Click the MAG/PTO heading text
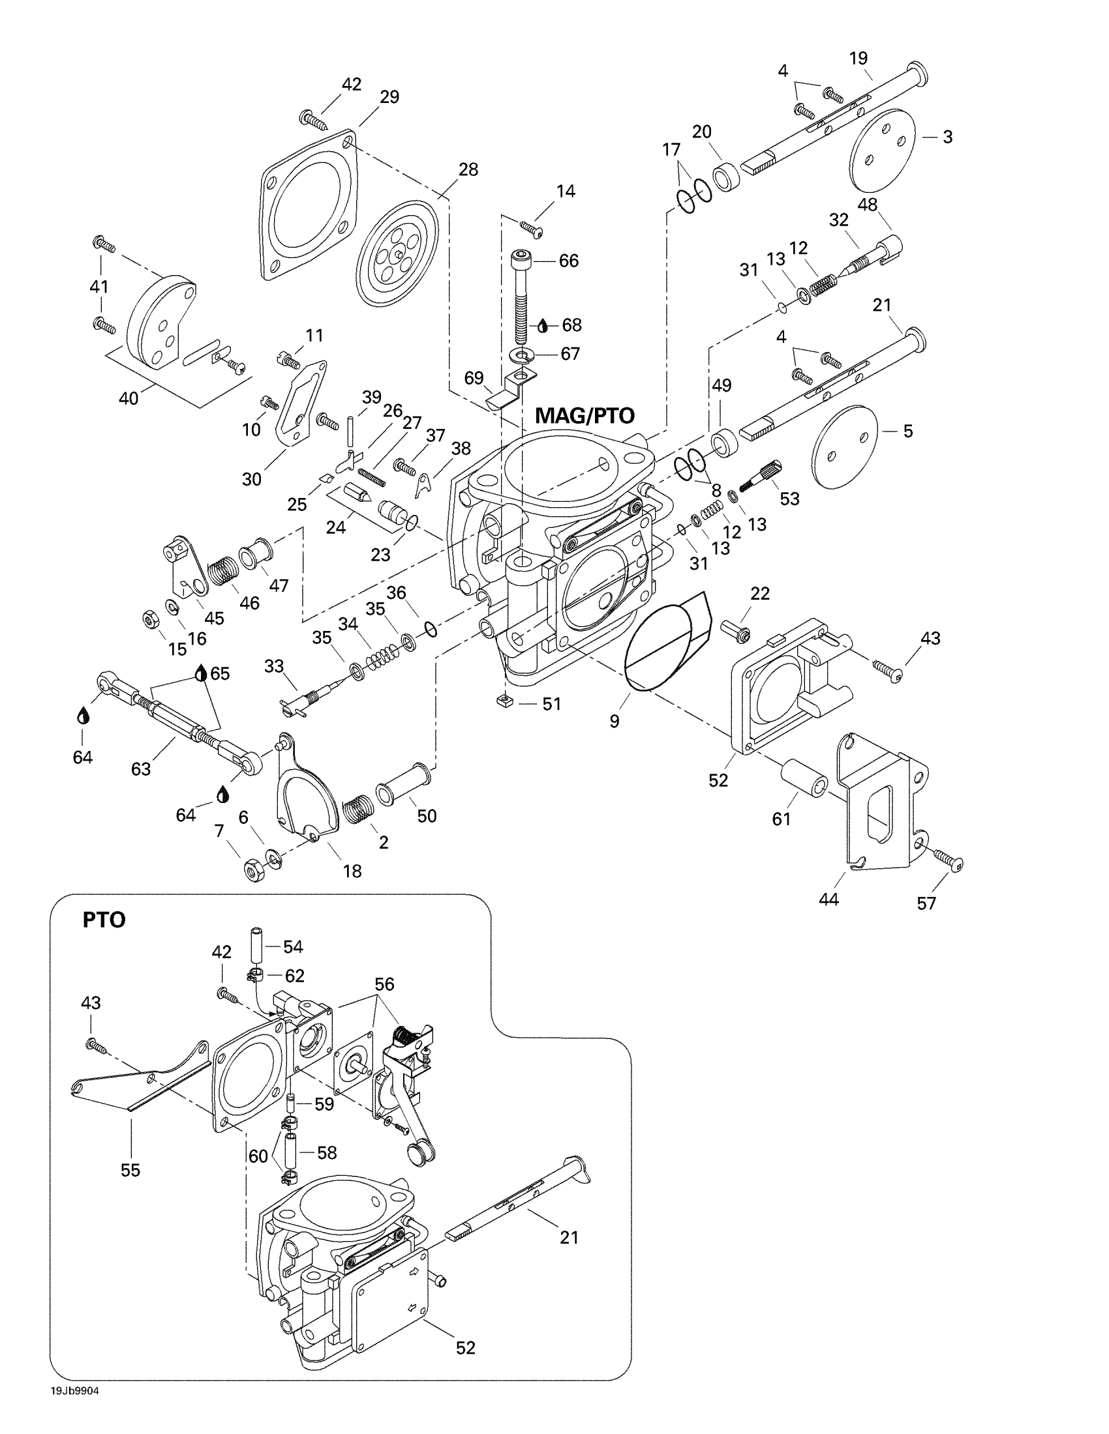click(584, 416)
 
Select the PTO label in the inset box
click(104, 920)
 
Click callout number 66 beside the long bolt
click(568, 261)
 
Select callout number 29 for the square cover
click(389, 97)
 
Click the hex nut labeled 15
click(149, 619)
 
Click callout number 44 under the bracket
click(828, 899)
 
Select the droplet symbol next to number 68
click(543, 326)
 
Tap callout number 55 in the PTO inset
click(130, 1170)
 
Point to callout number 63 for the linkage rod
click(141, 768)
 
